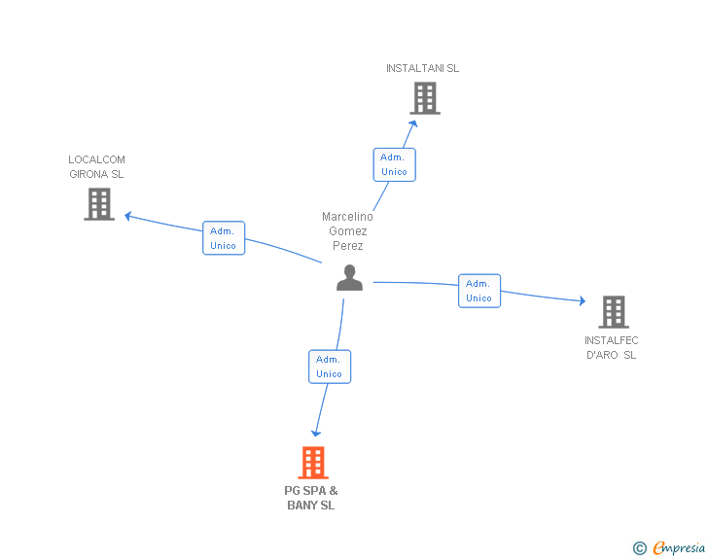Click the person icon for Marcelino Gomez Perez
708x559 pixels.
(x=349, y=278)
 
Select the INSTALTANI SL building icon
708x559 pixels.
(x=424, y=98)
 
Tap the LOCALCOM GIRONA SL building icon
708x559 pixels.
(x=99, y=204)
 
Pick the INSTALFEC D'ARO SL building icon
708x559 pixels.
(x=613, y=311)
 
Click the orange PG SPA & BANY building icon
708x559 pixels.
(x=312, y=463)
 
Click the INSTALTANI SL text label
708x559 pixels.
(x=422, y=68)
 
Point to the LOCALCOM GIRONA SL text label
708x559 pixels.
(x=96, y=167)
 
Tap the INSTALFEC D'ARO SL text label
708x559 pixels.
(x=611, y=348)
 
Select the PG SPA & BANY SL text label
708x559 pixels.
(x=311, y=498)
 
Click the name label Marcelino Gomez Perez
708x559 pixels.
(x=347, y=231)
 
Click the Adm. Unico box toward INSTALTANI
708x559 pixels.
(x=394, y=164)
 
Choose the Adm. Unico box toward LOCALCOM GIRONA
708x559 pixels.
(x=224, y=238)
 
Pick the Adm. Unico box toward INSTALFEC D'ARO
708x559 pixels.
(x=479, y=291)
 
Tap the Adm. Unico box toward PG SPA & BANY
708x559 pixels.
(x=329, y=367)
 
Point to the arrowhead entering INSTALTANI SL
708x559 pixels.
(x=414, y=122)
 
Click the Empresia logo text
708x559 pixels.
(x=679, y=548)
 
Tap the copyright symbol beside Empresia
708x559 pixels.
(x=640, y=548)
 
